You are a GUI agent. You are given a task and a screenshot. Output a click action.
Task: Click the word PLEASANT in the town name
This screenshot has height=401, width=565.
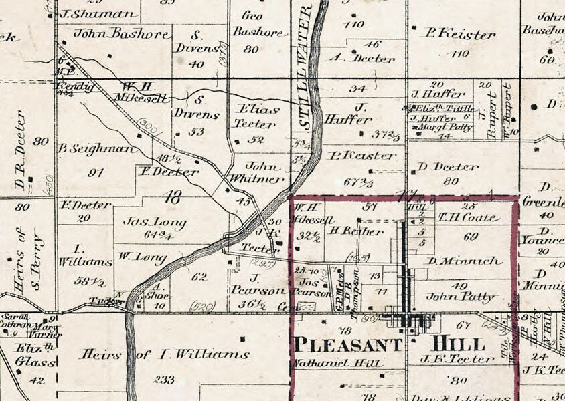click(348, 345)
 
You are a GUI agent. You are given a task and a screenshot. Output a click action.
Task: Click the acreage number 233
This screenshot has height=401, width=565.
click(165, 379)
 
